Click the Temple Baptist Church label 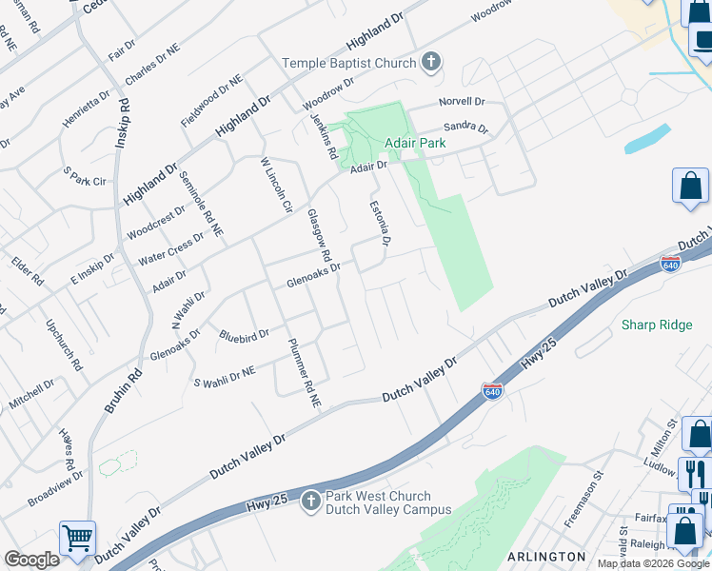tap(348, 64)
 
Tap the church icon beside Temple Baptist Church tap(431, 64)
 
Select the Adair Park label tap(415, 144)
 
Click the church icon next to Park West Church tap(310, 502)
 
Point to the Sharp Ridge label tap(657, 325)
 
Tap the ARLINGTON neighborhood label tap(546, 556)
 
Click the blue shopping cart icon tap(77, 538)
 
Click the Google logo tap(32, 560)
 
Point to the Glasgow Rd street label tap(318, 237)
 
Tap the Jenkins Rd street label tap(324, 136)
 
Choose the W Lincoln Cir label tap(275, 186)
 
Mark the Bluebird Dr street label tap(244, 335)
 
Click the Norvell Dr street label tap(462, 102)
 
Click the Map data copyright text tap(653, 563)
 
